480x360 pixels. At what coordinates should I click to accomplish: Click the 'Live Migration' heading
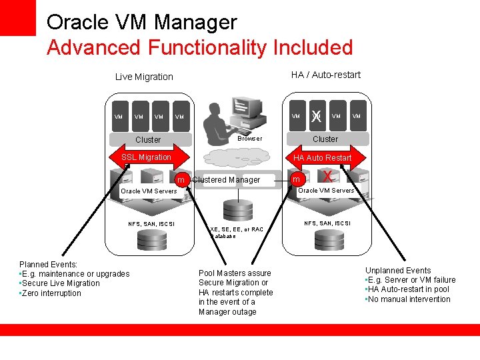click(144, 77)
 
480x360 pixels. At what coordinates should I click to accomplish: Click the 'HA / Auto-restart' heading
click(325, 75)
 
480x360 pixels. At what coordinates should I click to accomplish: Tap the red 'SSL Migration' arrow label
click(146, 157)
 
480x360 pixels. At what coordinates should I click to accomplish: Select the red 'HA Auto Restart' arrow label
click(323, 158)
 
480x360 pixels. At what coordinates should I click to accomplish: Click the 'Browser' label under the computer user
click(250, 139)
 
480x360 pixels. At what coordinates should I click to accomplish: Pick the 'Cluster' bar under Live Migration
click(148, 140)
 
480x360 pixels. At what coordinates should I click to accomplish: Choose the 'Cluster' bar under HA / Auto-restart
click(325, 139)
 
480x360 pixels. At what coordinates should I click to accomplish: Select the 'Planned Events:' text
click(49, 265)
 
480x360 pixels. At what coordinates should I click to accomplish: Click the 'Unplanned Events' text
click(397, 271)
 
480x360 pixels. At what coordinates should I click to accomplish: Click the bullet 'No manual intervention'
click(409, 299)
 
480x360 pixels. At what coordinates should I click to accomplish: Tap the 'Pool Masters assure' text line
click(235, 273)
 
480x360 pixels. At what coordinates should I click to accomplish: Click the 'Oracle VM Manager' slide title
click(141, 22)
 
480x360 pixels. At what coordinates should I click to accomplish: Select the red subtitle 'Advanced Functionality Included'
click(199, 48)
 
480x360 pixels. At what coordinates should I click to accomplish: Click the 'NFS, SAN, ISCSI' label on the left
click(151, 224)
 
